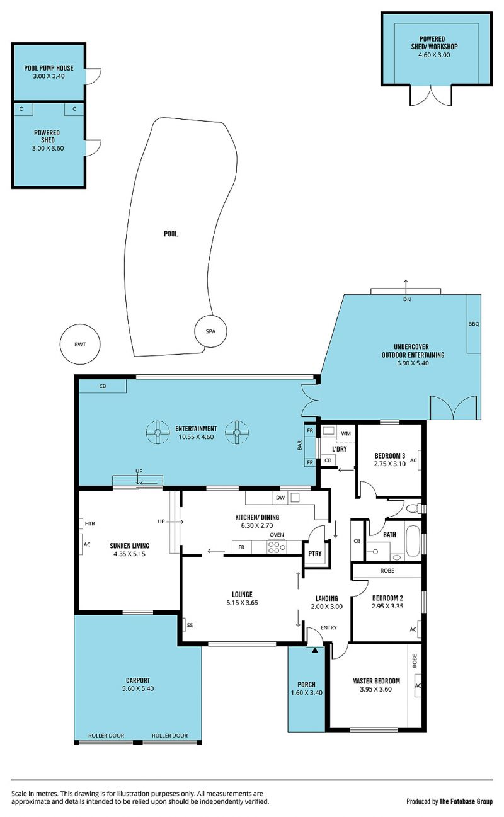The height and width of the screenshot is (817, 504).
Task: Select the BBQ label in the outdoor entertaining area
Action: [x=473, y=324]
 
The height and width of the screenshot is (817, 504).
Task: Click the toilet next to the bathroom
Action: [x=413, y=508]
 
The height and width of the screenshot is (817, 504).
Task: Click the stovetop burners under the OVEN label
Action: [x=277, y=547]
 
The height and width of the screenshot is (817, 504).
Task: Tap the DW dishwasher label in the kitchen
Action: [x=280, y=497]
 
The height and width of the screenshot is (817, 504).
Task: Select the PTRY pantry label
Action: [x=315, y=553]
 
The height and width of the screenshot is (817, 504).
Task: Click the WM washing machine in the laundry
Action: [x=346, y=433]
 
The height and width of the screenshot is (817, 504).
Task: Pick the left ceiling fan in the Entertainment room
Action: [x=157, y=433]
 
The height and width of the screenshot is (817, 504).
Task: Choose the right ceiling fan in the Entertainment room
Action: [x=237, y=433]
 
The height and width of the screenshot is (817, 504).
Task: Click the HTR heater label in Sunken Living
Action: [x=89, y=523]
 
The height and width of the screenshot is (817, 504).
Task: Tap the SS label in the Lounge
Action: [x=190, y=625]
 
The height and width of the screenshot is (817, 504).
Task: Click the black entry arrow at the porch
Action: [x=315, y=649]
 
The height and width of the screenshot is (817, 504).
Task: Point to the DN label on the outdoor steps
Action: [x=407, y=299]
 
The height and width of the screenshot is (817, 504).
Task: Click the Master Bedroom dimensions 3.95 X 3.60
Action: [x=375, y=689]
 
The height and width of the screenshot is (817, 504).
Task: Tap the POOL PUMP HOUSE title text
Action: [x=49, y=68]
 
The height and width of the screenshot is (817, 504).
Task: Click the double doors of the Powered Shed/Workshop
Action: [x=431, y=96]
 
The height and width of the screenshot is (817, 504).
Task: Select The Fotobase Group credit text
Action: [x=466, y=801]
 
